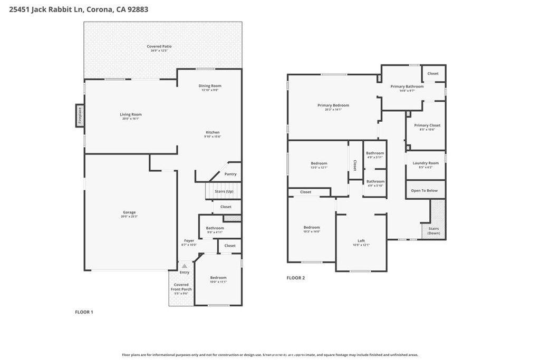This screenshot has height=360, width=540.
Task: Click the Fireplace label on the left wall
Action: (80, 115)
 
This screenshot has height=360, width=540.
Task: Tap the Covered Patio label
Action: (159, 46)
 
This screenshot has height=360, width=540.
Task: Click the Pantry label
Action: (230, 174)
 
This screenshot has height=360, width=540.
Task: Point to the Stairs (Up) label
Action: (224, 191)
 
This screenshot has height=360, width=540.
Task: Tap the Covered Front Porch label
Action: (181, 287)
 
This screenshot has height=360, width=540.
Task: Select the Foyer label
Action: (189, 240)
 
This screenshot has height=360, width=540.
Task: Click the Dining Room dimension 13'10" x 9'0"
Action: (209, 90)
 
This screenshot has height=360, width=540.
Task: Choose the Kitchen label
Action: (213, 132)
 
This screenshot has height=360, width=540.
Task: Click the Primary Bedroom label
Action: (333, 105)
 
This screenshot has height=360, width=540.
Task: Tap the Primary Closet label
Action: (427, 125)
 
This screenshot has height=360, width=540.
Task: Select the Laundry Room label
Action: (426, 163)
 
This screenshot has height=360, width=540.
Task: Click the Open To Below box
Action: (425, 190)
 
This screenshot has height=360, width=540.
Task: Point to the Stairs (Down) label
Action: (433, 231)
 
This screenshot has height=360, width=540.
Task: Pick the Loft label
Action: (361, 240)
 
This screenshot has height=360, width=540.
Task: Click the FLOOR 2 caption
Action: (296, 278)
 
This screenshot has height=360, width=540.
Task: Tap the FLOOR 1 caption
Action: (84, 312)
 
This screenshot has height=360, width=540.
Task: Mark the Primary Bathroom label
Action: (407, 86)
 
